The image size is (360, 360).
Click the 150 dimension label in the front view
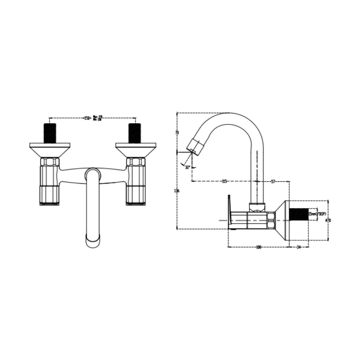pyautogui.click(x=87, y=118)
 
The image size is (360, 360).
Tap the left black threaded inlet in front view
pyautogui.click(x=49, y=133)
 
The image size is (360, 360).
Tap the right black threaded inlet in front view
pyautogui.click(x=135, y=133)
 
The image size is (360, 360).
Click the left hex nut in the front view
pyautogui.click(x=50, y=162)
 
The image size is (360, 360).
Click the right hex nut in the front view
pyautogui.click(x=136, y=162)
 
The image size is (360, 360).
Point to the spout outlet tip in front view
pyautogui.click(x=93, y=241)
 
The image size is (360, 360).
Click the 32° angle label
pyautogui.click(x=188, y=167)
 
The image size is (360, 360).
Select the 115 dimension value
pyautogui.click(x=224, y=181)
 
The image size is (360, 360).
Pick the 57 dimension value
pyautogui.click(x=273, y=181)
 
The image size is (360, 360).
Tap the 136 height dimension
pyautogui.click(x=177, y=191)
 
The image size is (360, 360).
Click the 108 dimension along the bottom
pyautogui.click(x=258, y=247)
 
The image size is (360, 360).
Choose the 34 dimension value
pyautogui.click(x=298, y=247)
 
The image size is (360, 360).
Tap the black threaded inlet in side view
pyautogui.click(x=298, y=214)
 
